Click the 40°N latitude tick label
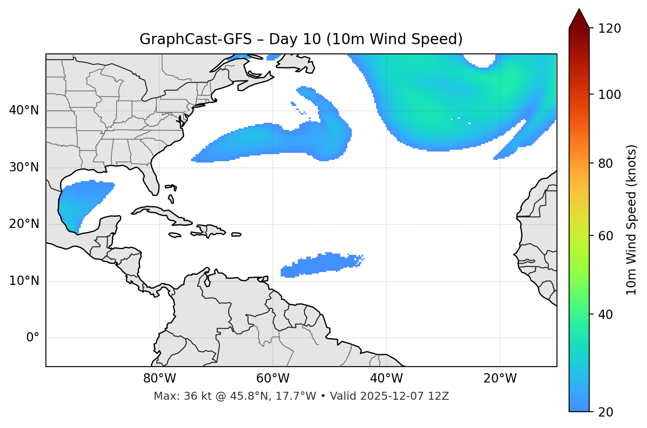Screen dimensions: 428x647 [24, 110]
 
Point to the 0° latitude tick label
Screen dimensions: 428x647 [33, 338]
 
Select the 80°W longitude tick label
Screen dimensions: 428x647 [159, 379]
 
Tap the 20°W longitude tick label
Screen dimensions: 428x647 [500, 379]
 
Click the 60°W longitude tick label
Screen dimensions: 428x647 [273, 379]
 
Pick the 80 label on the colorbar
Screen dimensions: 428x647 [608, 163]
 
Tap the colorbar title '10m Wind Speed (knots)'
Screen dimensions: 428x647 [632, 220]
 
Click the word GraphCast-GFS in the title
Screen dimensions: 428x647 [196, 39]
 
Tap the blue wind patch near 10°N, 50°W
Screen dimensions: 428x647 [318, 265]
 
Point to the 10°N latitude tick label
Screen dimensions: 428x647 [24, 281]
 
